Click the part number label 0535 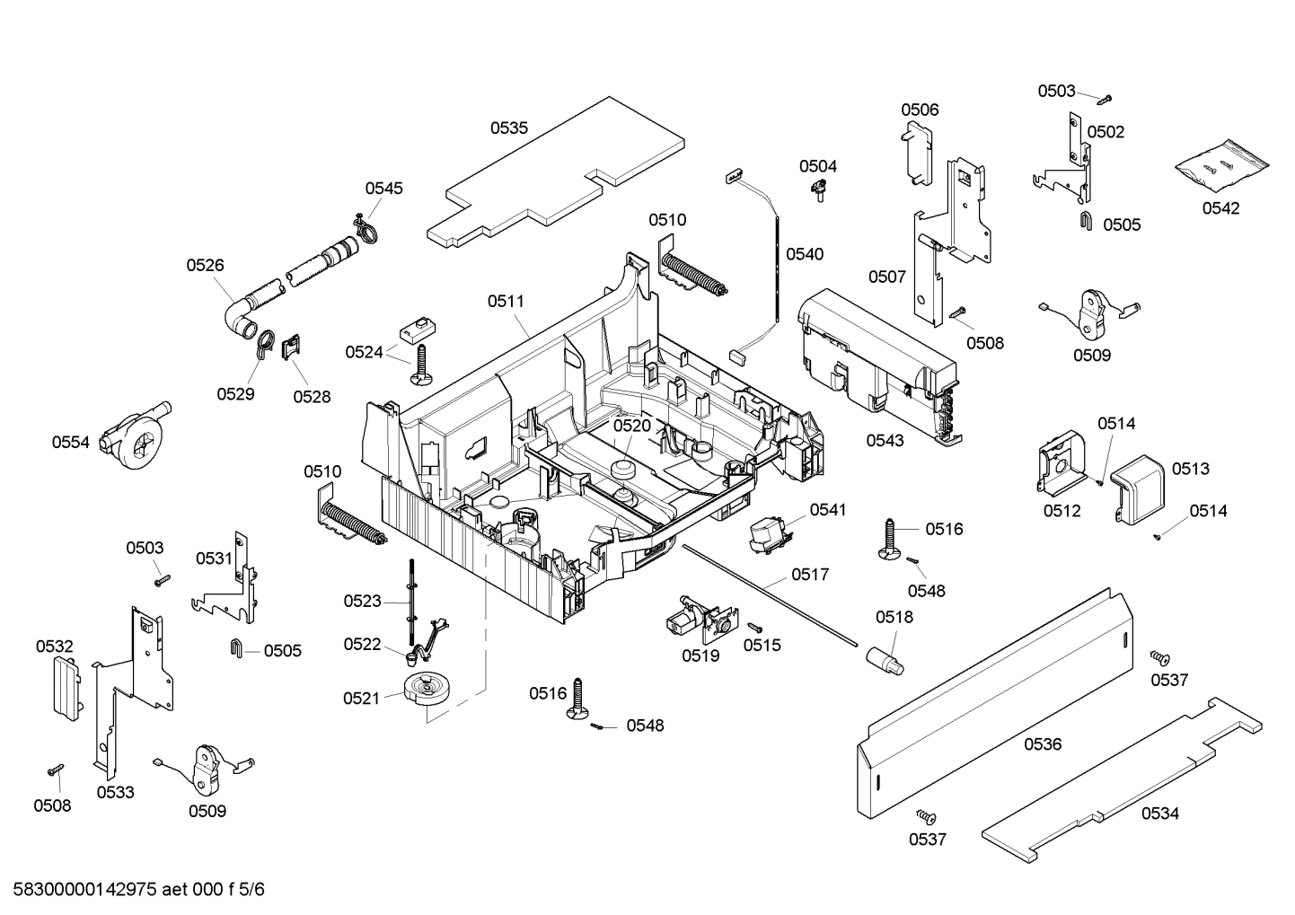508,128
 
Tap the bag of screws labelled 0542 1222,165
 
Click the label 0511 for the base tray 506,302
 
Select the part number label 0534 1159,814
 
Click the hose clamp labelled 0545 364,228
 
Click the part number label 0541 827,510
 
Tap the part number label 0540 804,254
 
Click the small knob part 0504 819,189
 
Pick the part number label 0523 362,601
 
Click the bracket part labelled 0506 917,153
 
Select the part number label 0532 55,647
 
